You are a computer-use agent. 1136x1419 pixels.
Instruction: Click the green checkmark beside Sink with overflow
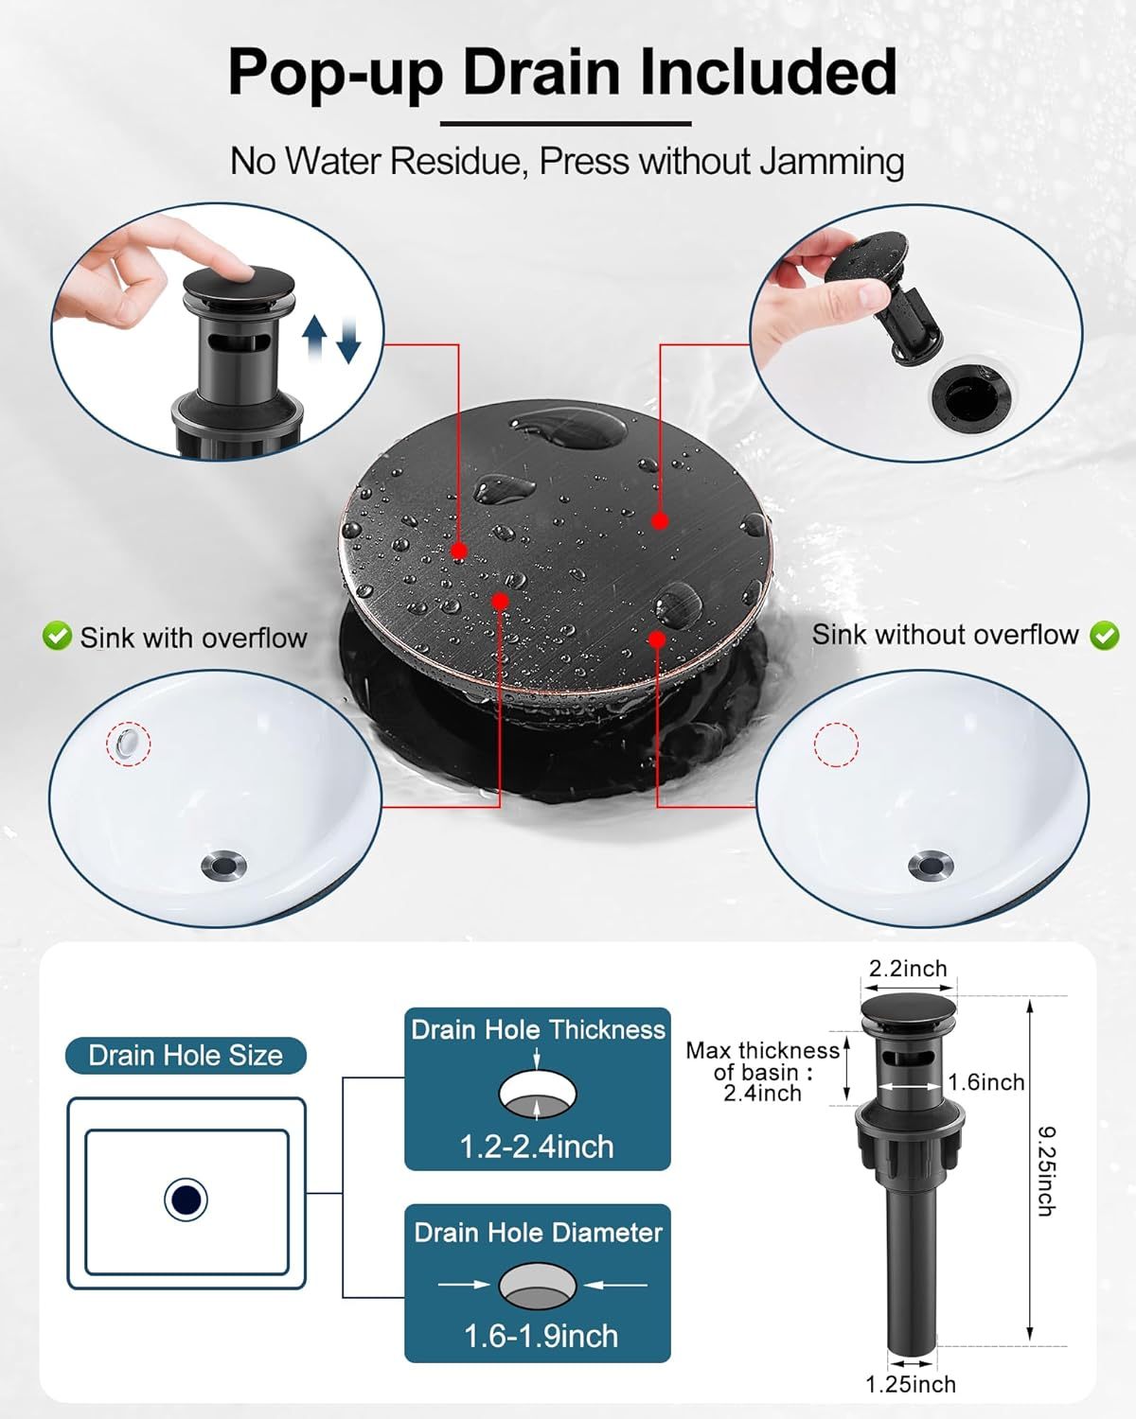click(x=57, y=637)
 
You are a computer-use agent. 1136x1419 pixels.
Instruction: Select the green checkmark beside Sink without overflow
click(x=1104, y=636)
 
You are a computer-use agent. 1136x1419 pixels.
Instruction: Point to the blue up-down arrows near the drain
click(x=331, y=340)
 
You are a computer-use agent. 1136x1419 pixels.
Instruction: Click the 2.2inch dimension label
click(x=908, y=969)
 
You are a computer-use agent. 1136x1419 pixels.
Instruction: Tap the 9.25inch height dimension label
click(x=1046, y=1170)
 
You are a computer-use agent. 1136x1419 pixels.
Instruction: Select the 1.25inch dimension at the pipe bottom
click(x=910, y=1384)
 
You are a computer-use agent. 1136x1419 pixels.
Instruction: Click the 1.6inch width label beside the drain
click(x=986, y=1082)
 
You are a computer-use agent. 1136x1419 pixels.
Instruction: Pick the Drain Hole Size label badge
click(x=186, y=1056)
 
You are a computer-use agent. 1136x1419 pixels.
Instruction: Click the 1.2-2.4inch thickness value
click(x=537, y=1147)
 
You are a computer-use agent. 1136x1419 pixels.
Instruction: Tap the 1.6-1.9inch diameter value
click(x=541, y=1336)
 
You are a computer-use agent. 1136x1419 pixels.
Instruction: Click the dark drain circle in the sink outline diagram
click(x=186, y=1200)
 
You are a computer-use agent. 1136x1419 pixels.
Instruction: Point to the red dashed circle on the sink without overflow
click(x=836, y=745)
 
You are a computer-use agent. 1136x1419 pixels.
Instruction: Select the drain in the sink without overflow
click(x=931, y=865)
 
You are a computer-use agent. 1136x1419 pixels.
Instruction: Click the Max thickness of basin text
click(x=762, y=1072)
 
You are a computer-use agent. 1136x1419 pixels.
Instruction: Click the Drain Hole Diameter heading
click(x=538, y=1233)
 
